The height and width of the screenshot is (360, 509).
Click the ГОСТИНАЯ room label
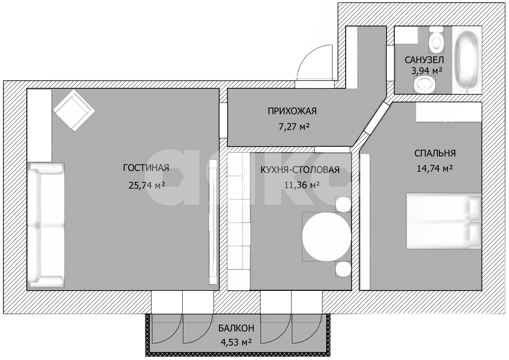click(x=146, y=168)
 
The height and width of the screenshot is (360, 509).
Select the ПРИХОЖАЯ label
click(x=292, y=111)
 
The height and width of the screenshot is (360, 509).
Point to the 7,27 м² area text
click(x=294, y=127)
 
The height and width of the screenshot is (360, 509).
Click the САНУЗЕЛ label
click(x=424, y=60)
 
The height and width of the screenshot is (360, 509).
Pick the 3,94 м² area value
click(x=427, y=71)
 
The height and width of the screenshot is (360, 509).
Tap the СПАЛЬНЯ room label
click(x=435, y=153)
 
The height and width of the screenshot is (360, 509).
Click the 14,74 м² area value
click(x=435, y=169)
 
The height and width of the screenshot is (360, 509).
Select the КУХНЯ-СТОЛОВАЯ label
click(x=300, y=170)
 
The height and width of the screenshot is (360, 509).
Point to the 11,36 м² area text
click(x=302, y=185)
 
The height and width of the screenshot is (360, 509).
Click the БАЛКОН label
click(x=236, y=328)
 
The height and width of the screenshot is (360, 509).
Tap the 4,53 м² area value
click(x=236, y=341)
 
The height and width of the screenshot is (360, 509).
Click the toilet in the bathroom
click(x=436, y=42)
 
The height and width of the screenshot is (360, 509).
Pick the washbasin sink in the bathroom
click(x=425, y=84)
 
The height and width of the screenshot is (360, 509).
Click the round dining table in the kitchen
click(x=326, y=237)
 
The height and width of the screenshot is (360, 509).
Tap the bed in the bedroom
click(x=443, y=221)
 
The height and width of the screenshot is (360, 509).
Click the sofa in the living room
click(x=46, y=225)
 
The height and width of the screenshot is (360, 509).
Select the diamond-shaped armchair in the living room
click(x=74, y=110)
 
